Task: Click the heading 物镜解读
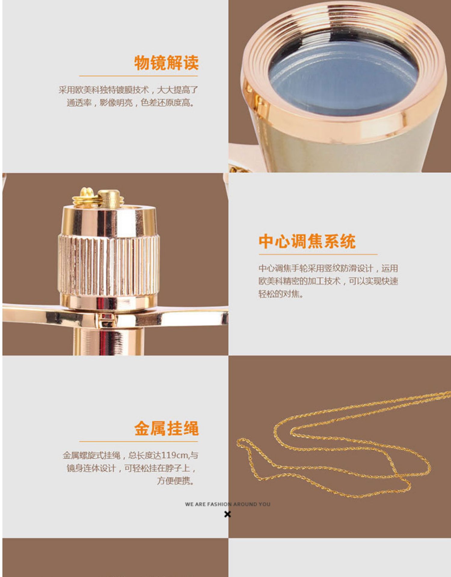[166, 63]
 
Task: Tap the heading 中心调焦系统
[307, 241]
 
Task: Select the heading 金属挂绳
[166, 428]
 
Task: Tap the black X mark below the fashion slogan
[227, 514]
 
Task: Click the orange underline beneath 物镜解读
[138, 76]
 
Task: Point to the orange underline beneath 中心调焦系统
[318, 254]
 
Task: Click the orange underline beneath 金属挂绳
[138, 441]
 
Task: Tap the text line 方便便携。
[175, 481]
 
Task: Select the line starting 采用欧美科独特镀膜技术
[128, 90]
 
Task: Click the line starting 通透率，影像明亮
[130, 103]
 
